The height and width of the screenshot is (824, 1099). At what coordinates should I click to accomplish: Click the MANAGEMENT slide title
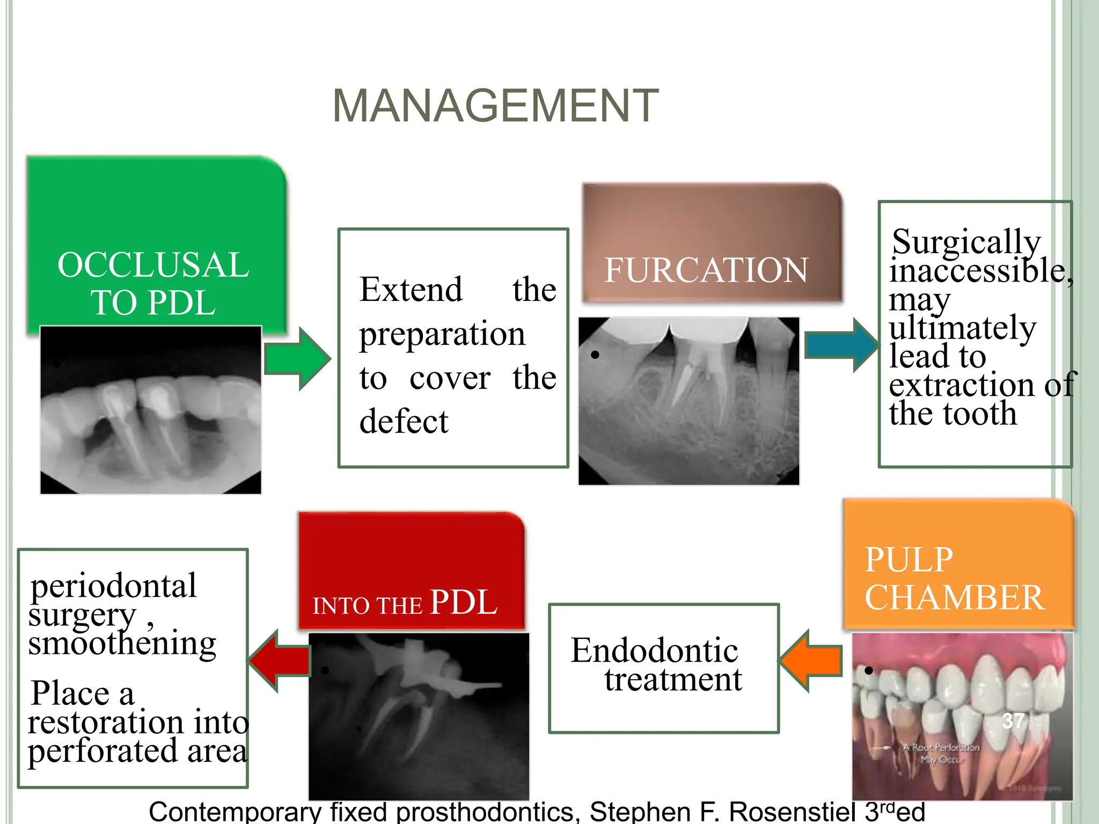click(x=495, y=106)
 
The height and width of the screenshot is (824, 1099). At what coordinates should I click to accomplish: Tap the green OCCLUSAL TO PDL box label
click(x=153, y=283)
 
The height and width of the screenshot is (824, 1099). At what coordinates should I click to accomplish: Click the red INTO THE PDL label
click(x=405, y=602)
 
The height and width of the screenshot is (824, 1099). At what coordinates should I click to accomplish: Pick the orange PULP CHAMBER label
click(x=955, y=578)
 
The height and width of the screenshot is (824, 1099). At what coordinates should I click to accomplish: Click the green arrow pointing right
click(x=298, y=358)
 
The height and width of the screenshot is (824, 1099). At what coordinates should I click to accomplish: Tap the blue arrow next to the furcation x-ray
click(x=841, y=345)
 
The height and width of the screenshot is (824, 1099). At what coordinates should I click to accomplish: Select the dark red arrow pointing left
click(x=280, y=661)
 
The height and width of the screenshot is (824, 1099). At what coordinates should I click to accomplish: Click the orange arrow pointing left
click(x=810, y=661)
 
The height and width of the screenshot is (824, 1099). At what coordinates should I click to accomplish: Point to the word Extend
click(x=411, y=290)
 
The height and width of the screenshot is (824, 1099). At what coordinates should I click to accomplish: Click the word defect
click(x=404, y=421)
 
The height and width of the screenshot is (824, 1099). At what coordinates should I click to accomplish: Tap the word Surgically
click(x=966, y=242)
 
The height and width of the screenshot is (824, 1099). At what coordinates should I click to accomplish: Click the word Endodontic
click(x=654, y=651)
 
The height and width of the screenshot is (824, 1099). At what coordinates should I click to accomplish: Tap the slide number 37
click(x=1013, y=721)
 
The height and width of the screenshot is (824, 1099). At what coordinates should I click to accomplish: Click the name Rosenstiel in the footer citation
click(x=792, y=812)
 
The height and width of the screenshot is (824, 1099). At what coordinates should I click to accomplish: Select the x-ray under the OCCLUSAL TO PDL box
click(x=151, y=410)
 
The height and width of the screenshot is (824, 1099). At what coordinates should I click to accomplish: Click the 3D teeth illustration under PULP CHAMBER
click(x=962, y=716)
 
